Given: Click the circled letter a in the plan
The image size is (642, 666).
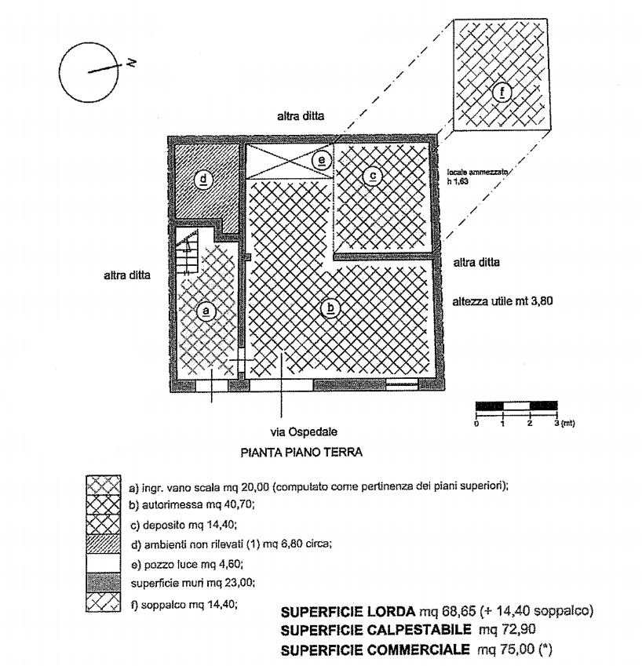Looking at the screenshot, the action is tap(206, 311).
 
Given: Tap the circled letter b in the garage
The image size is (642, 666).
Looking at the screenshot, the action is tap(330, 308).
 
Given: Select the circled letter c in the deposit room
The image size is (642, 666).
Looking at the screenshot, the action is tap(373, 176).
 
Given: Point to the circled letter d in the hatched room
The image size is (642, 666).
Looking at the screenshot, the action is tap(203, 180).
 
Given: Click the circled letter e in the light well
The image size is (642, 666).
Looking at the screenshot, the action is tap(322, 161).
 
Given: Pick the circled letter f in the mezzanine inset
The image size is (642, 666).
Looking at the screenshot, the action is tap(502, 92).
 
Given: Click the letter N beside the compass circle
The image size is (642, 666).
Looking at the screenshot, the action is tap(131, 63).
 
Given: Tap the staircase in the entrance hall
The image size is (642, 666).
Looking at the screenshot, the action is tap(187, 252).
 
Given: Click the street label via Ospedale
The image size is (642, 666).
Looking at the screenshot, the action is tap(304, 432).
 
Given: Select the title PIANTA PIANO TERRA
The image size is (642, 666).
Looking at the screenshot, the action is tap(301, 453).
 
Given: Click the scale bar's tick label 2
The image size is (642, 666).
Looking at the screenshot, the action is tap(530, 423).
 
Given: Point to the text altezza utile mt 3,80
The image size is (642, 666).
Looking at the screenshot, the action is tap(502, 301).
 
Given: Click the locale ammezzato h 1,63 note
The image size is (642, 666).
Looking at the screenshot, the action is tap(477, 177).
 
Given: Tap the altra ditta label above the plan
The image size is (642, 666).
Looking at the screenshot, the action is tap(301, 116).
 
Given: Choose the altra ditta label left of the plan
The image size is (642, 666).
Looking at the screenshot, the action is tap(127, 275).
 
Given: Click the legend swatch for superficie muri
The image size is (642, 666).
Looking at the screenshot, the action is tap(104, 583).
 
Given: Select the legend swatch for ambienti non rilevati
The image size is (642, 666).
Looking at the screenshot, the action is tap(104, 544).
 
